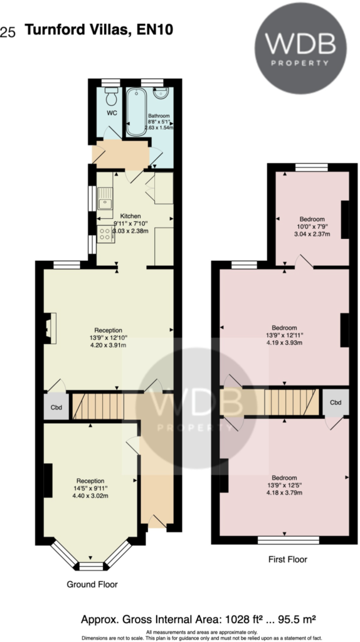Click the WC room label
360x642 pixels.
pos(112,113)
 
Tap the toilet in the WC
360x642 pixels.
pos(111,97)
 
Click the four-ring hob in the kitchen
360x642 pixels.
pos(105,235)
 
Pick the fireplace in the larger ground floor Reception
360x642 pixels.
pos(50,329)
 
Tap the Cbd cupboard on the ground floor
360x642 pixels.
pos(55,406)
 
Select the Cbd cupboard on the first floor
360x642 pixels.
pos(336,403)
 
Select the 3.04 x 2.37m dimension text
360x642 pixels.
pos(312,234)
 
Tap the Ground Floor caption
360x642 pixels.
pos(92,584)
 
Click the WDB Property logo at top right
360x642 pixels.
pos(300,48)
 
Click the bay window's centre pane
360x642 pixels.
pos(92,567)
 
